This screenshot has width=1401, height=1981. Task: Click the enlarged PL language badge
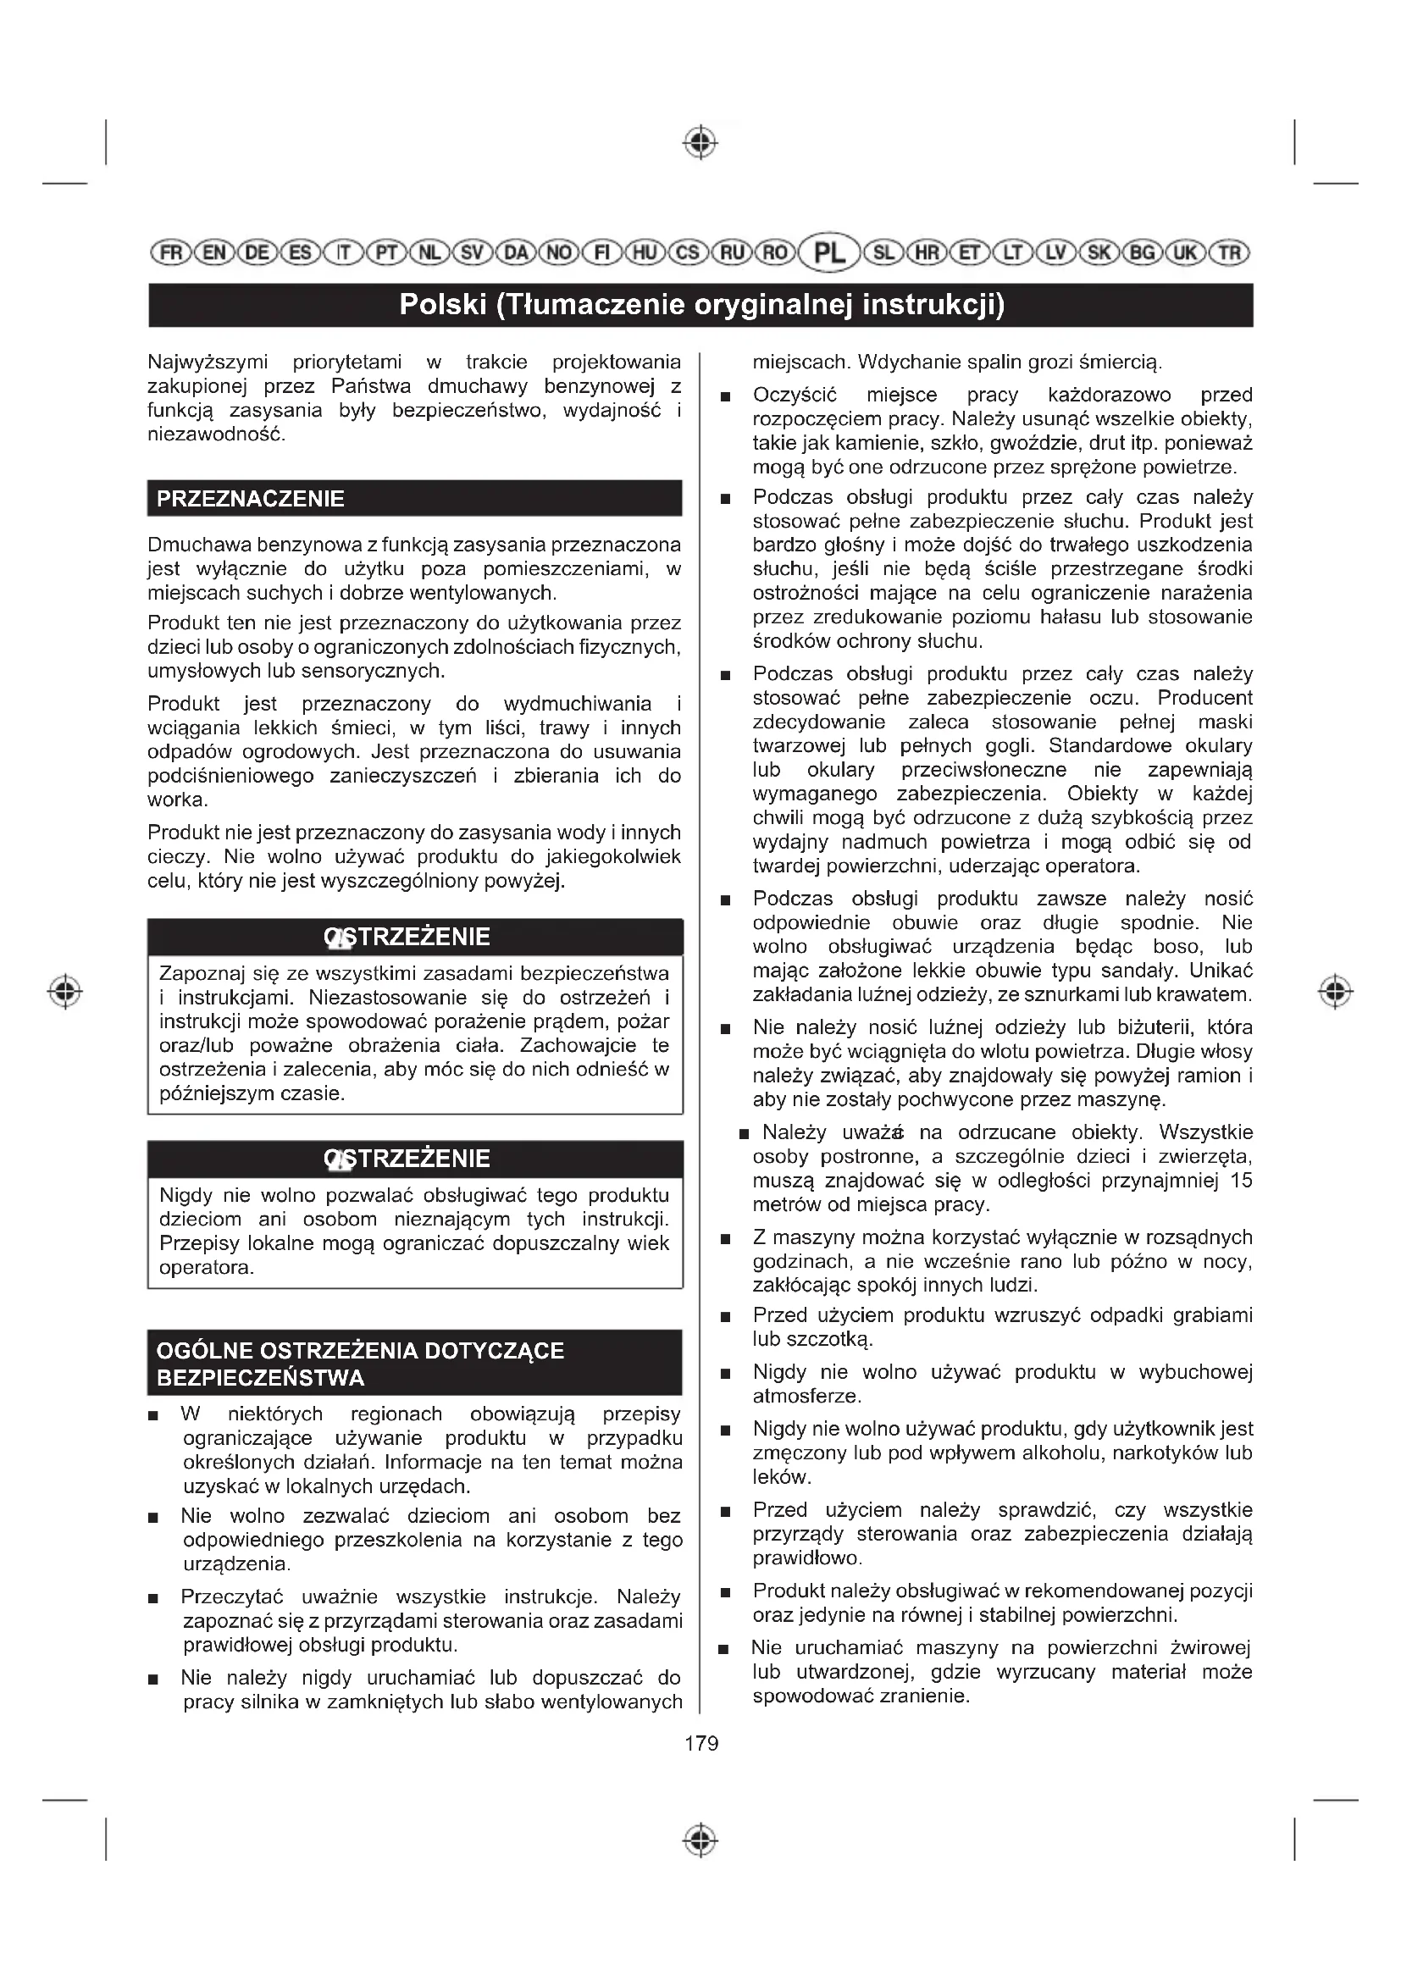coord(830,252)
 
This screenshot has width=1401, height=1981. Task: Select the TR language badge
coord(1229,252)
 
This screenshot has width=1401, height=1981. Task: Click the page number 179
coord(700,1744)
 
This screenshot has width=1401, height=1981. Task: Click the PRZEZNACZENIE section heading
coord(250,499)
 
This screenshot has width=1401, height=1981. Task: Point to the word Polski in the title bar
coord(442,305)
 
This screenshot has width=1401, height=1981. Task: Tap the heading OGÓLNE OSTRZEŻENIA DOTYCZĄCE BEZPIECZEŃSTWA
coord(360,1364)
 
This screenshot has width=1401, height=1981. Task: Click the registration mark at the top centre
coord(700,142)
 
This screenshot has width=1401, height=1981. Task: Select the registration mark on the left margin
coord(64,993)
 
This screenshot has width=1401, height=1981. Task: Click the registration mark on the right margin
coord(1336,993)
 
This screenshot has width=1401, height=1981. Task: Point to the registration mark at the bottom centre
coord(700,1840)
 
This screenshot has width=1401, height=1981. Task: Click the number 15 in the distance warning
coord(1241,1181)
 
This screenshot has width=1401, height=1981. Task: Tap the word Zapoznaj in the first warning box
coord(198,974)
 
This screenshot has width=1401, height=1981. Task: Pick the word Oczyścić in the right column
coord(795,396)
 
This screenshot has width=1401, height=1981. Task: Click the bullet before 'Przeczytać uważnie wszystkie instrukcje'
coord(153,1599)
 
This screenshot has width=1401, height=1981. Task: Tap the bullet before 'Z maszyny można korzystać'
coord(726,1240)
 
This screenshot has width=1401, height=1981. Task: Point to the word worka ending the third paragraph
coord(176,800)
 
